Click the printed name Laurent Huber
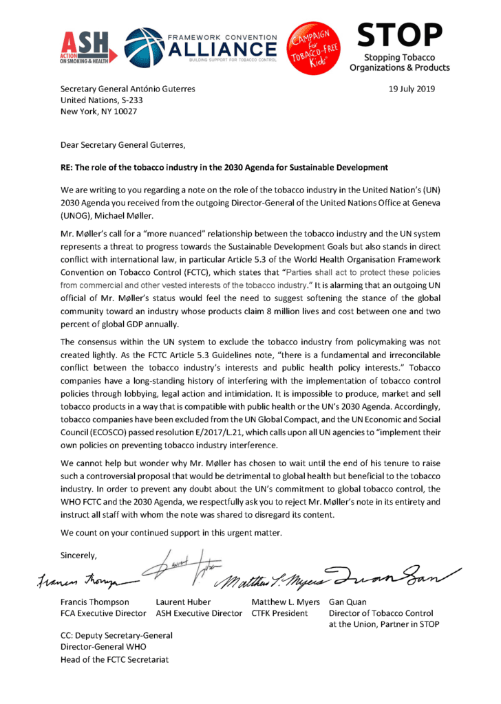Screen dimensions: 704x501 pyautogui.click(x=186, y=602)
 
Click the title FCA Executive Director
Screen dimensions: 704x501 pyautogui.click(x=103, y=613)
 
